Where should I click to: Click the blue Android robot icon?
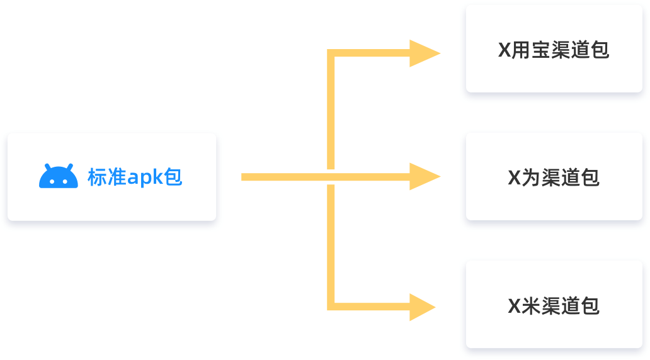59,176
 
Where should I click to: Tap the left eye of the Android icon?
52,181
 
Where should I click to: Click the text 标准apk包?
135,177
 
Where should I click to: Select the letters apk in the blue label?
145,177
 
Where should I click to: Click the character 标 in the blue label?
97,177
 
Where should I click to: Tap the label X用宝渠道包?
554,50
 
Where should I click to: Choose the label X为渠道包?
554,177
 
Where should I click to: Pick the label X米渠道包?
554,306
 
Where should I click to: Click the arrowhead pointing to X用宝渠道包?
425,53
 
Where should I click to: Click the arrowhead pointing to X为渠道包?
425,176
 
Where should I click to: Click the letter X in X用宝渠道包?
505,50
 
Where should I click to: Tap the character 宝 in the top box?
542,50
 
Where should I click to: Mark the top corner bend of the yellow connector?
331,53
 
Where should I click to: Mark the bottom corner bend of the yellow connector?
331,307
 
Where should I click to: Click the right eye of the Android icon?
65,181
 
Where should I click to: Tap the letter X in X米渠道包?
515,306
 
